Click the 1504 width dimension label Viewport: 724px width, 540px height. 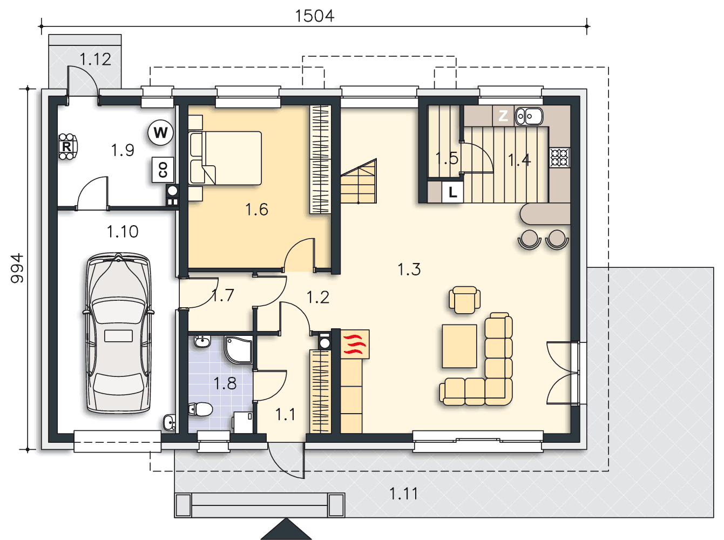pyautogui.click(x=314, y=16)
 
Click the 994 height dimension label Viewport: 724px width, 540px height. pyautogui.click(x=17, y=268)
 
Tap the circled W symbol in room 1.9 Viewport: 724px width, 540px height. pyautogui.click(x=161, y=133)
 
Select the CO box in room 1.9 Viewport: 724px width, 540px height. pyautogui.click(x=163, y=170)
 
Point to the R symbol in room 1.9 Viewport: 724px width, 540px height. pyautogui.click(x=67, y=146)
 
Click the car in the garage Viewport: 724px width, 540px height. pyautogui.click(x=118, y=333)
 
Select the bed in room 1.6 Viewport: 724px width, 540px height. pyautogui.click(x=225, y=158)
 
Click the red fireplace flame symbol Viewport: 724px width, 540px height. pyautogui.click(x=355, y=344)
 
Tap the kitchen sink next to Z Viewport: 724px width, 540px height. pyautogui.click(x=529, y=116)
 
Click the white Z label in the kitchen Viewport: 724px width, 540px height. pyautogui.click(x=503, y=116)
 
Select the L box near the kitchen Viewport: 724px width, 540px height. pyautogui.click(x=452, y=192)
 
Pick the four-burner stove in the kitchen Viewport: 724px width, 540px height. pyautogui.click(x=560, y=157)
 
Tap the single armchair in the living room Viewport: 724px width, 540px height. pyautogui.click(x=464, y=299)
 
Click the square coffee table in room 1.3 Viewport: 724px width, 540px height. pyautogui.click(x=459, y=346)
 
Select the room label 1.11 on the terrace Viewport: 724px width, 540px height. pyautogui.click(x=403, y=494)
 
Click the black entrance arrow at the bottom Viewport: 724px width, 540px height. pyautogui.click(x=286, y=529)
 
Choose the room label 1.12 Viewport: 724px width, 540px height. pyautogui.click(x=96, y=59)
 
